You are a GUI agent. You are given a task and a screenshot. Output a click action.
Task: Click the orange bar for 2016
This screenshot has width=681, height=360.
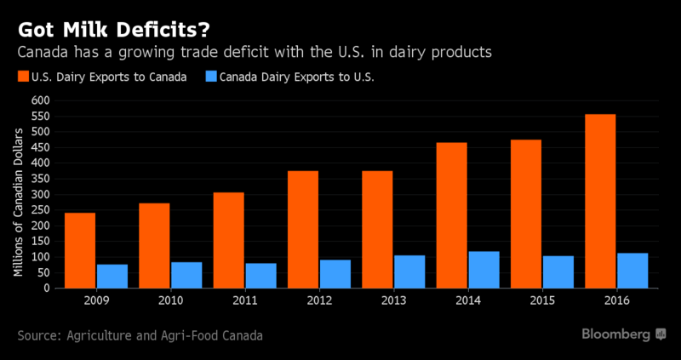[x=600, y=201]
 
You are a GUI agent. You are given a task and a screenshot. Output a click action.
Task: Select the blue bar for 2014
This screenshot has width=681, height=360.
[x=484, y=270]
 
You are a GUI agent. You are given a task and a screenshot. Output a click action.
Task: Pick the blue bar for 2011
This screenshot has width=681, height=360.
[x=260, y=276]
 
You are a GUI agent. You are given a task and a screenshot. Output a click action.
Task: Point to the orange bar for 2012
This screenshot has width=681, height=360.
[x=303, y=229]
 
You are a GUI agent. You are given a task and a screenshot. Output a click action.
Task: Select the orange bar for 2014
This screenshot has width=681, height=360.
[x=451, y=215]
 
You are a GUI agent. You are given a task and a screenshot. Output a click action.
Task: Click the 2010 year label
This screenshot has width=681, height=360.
[x=170, y=300]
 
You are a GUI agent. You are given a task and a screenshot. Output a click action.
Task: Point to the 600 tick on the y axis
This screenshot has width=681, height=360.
[x=42, y=100]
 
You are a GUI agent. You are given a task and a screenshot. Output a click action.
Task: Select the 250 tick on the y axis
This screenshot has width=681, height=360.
[x=42, y=210]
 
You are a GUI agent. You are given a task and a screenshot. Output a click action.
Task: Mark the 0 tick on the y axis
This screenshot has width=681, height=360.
[x=48, y=289]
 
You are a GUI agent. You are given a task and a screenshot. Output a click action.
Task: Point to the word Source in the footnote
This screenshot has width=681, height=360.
[x=37, y=335]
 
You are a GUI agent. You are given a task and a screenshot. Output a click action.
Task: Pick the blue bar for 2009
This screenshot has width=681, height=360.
[x=112, y=277]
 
